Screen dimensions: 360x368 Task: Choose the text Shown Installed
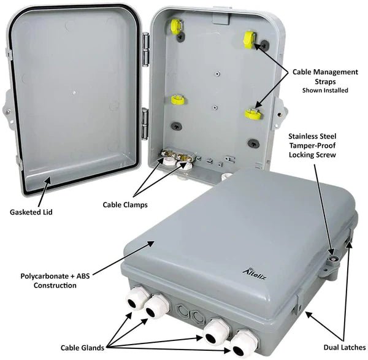coord(325,90)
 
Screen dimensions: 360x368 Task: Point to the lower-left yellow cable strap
coord(178,100)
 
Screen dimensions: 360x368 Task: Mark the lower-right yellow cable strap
coord(252,113)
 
